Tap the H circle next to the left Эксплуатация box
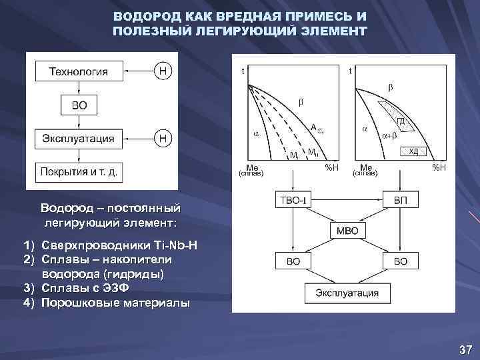pos(163,139)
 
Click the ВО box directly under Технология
pos(79,105)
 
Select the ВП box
pos(401,200)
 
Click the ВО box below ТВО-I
pos(293,261)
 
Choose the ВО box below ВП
pos(401,261)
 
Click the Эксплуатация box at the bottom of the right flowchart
pos(347,293)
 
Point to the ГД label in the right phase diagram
pos(402,121)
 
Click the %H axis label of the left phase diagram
pos(331,166)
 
